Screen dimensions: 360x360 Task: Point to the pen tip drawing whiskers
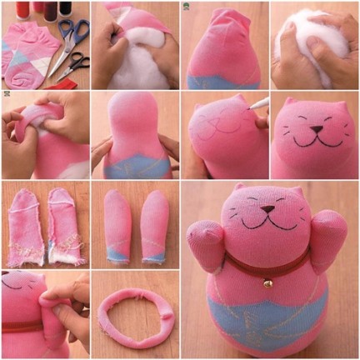point(249,106)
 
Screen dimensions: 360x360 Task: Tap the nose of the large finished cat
point(268,209)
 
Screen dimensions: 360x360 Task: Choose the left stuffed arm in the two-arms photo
point(117,224)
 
